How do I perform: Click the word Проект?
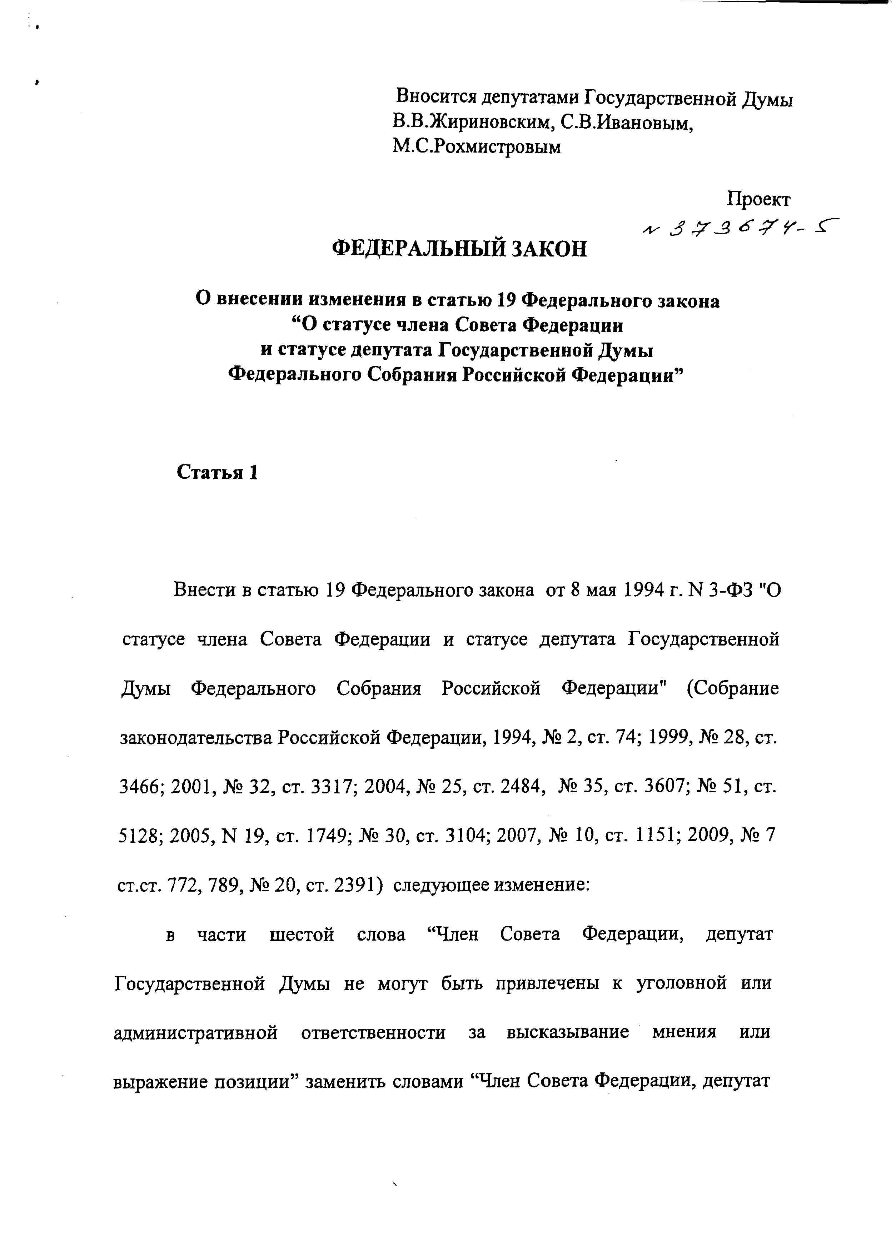point(758,199)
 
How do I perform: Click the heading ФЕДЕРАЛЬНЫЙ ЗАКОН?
point(460,249)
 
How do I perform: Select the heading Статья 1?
point(217,473)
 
